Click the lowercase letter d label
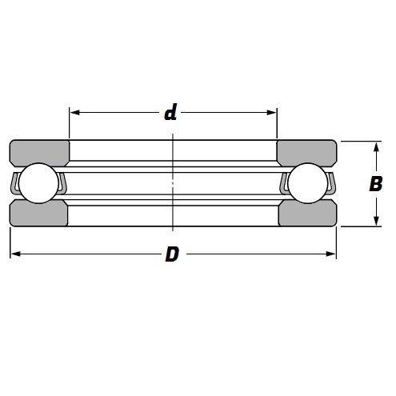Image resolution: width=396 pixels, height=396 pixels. [x=170, y=113]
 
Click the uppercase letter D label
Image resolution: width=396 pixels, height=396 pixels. [x=171, y=255]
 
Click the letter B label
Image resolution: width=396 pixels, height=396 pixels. [x=374, y=184]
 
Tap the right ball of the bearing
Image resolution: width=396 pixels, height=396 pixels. [x=308, y=184]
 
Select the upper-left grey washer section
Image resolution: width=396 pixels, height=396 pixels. [x=38, y=152]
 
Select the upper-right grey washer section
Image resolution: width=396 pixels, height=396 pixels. [x=308, y=152]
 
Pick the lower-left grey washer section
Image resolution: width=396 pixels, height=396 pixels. [x=38, y=215]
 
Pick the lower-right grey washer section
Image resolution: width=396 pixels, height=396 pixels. [x=308, y=215]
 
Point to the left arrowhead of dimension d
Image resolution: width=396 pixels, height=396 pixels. [x=74, y=113]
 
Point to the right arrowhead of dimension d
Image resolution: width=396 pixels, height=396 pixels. [x=272, y=113]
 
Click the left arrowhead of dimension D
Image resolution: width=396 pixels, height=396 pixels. [x=14, y=255]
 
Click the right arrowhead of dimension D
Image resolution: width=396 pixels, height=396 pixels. [x=332, y=255]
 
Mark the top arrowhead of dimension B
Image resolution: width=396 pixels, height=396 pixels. [x=376, y=146]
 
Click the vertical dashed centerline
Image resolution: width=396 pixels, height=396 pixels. [x=174, y=184]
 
